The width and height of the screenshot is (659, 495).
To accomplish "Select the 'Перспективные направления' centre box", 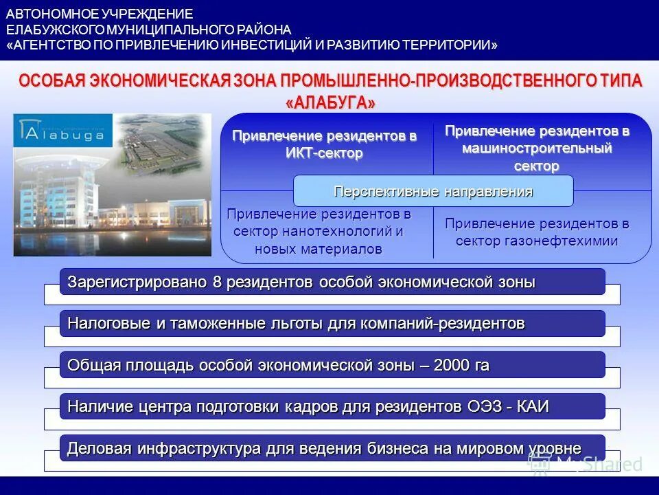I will coord(433,191).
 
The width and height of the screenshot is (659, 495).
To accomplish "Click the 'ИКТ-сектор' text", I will coord(324,153).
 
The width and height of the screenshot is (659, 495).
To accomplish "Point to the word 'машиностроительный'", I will coord(537,148).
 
